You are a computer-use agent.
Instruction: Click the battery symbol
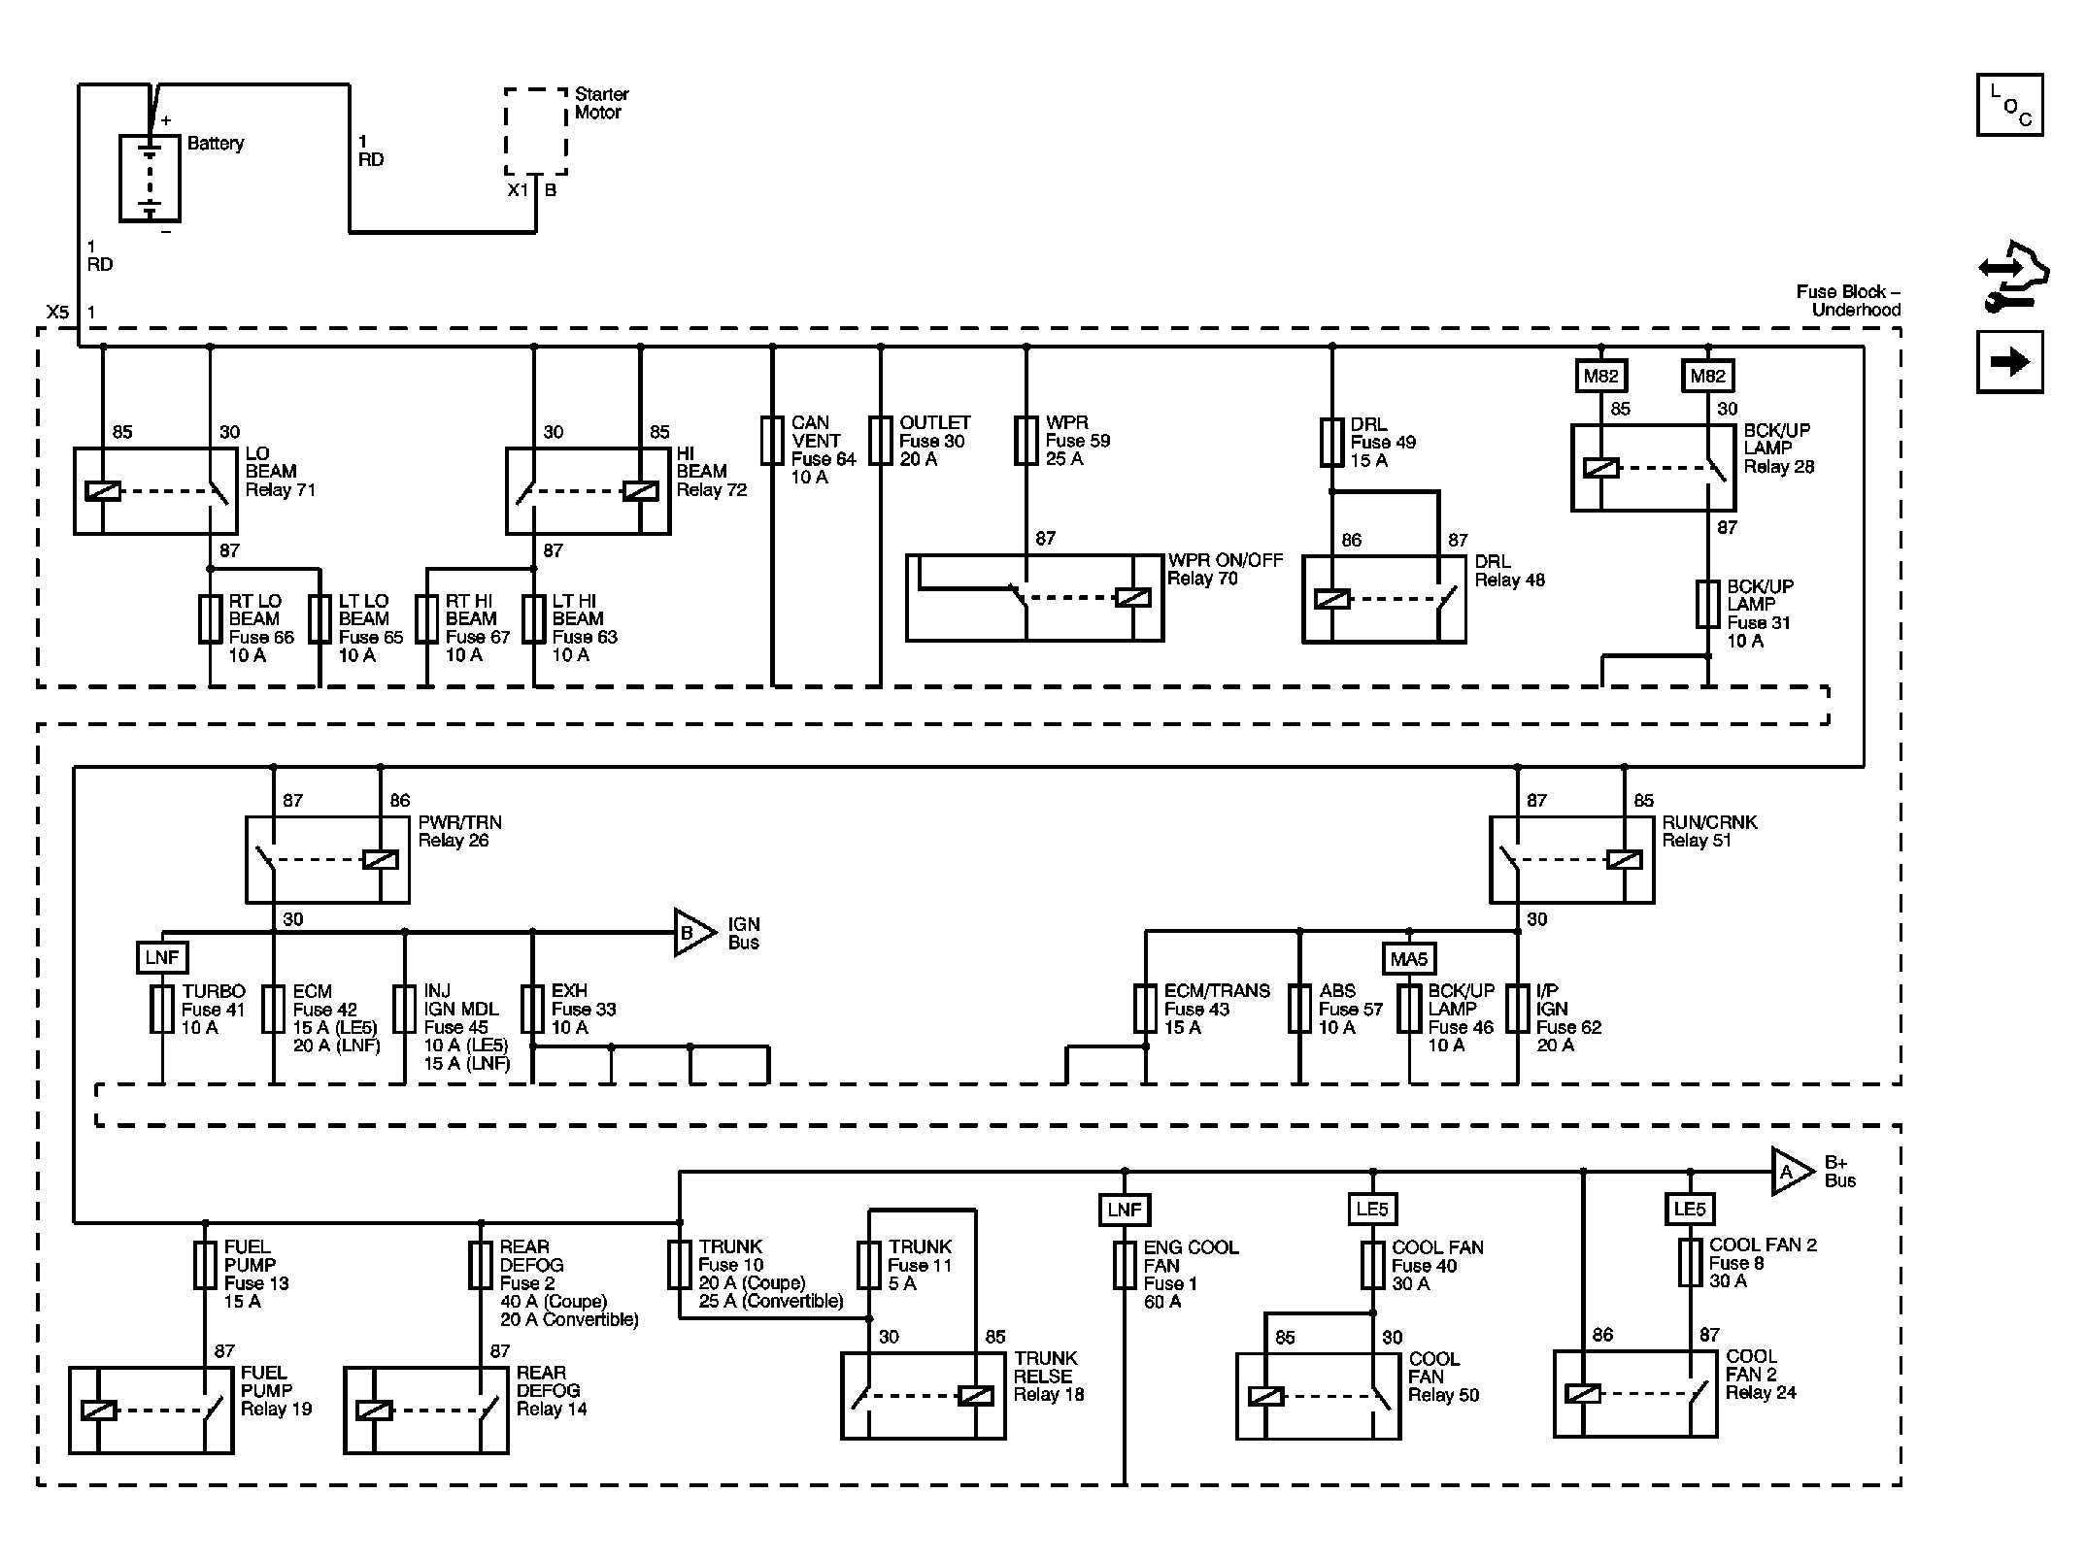(x=150, y=178)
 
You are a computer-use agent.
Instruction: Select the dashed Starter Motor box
(x=535, y=132)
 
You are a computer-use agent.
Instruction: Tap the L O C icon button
(x=2009, y=105)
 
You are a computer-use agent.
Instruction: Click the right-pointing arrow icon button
(x=2009, y=362)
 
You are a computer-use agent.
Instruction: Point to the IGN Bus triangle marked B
(x=694, y=932)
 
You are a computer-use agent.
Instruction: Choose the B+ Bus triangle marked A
(x=1792, y=1172)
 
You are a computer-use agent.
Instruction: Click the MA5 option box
(x=1409, y=959)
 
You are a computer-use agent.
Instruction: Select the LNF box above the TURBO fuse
(x=162, y=958)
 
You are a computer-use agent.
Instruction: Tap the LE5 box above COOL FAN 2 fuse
(x=1690, y=1210)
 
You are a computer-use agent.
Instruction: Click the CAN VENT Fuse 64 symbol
(x=772, y=441)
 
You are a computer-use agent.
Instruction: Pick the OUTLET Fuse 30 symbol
(x=881, y=441)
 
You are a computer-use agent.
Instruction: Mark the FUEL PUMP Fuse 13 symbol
(x=205, y=1265)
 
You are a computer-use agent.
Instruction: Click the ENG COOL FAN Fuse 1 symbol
(x=1125, y=1265)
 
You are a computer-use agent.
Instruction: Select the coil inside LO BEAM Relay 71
(x=103, y=491)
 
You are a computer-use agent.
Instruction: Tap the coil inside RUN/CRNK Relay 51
(x=1625, y=860)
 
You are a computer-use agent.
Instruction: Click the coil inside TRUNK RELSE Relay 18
(x=975, y=1396)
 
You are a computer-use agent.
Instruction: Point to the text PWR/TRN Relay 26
(x=460, y=831)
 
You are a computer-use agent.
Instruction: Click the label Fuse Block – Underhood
(x=1848, y=300)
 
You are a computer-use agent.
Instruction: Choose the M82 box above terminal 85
(x=1601, y=376)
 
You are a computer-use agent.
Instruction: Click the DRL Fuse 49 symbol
(x=1331, y=443)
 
